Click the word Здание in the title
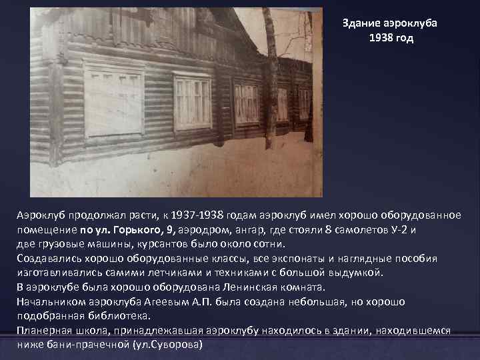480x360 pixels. [x=360, y=23]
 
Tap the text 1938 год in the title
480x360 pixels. [x=391, y=38]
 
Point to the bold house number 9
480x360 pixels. [x=171, y=230]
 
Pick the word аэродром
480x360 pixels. [x=202, y=230]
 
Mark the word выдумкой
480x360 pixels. [x=359, y=273]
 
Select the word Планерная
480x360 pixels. [x=44, y=331]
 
